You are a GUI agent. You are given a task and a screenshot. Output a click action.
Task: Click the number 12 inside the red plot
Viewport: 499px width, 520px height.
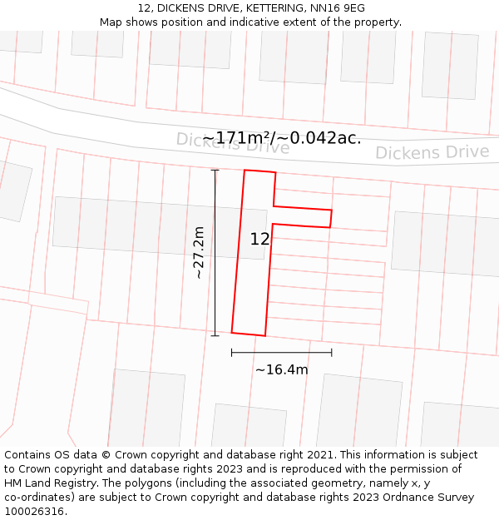[259, 239]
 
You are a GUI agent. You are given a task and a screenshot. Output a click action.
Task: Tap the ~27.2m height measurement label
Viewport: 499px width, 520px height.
[198, 253]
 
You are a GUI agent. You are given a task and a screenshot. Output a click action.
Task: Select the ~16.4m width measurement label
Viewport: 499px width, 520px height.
[281, 369]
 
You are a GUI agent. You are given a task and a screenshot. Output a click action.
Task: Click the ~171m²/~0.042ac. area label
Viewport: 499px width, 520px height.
[282, 138]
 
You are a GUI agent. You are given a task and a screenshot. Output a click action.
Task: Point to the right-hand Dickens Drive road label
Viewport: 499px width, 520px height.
[432, 152]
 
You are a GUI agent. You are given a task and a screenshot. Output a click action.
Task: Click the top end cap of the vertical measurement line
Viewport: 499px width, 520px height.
[215, 170]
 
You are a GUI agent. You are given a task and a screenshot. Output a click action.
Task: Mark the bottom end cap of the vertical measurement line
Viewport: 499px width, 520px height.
[215, 335]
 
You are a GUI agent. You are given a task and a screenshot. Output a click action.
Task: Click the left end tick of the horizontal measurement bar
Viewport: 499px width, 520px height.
[232, 352]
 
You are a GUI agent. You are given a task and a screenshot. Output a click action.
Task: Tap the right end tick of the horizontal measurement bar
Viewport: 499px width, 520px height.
[331, 352]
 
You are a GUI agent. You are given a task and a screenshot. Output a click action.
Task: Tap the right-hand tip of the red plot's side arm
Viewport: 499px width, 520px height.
[331, 218]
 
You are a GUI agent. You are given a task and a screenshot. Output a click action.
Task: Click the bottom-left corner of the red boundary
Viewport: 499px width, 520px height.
[232, 332]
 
